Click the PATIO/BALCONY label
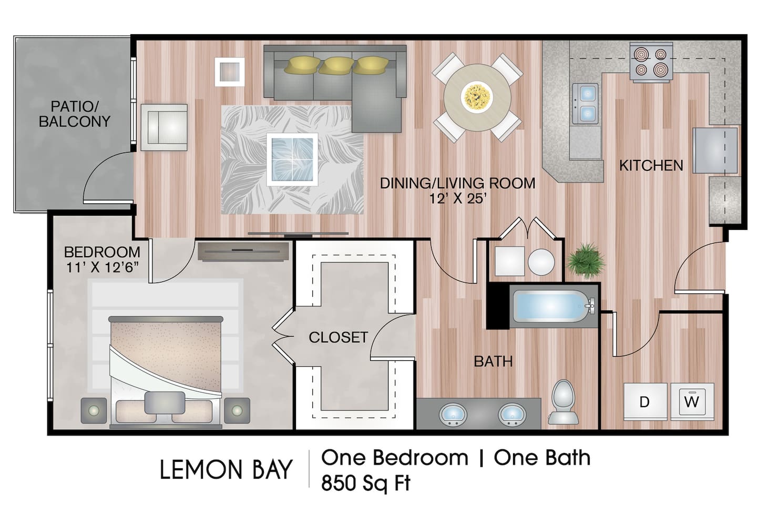coord(74,114)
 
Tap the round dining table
coord(477,97)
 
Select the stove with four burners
coord(651,63)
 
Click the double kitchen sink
coord(587,103)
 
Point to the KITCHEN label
coord(651,165)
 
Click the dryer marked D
coord(645,401)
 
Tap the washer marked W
coord(692,401)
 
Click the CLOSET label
coord(338,337)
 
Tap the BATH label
coord(493,361)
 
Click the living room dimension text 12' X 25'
coord(457,199)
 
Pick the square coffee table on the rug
coord(292,159)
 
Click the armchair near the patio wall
coord(164,127)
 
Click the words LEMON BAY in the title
coord(226,470)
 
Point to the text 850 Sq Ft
coord(366,483)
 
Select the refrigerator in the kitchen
coord(715,150)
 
